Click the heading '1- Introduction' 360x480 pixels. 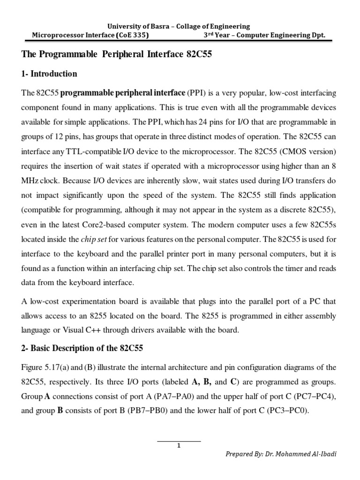point(49,74)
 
